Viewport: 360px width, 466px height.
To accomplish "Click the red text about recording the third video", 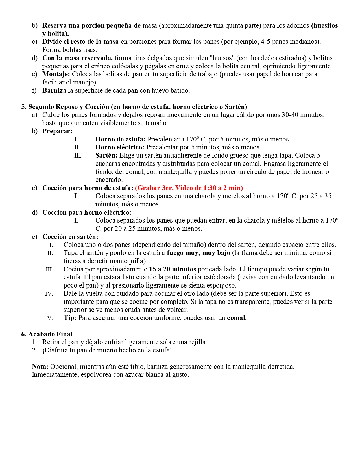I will point(189,188).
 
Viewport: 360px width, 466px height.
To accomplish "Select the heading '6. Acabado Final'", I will point(47,334).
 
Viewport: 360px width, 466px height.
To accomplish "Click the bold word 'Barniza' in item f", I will point(54,90).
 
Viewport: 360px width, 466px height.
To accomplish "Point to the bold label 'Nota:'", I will point(40,367).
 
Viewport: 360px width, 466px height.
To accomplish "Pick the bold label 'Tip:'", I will point(70,318).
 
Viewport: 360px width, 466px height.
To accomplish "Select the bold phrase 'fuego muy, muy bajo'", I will point(198,253).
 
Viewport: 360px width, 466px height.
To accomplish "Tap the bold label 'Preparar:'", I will point(57,131).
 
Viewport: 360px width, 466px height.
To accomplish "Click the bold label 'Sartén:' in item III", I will point(106,155).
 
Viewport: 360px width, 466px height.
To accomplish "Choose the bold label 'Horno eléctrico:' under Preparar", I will point(120,147).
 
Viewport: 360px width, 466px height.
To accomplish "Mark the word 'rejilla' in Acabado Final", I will point(197,342).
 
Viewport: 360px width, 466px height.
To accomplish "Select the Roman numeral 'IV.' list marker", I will point(49,294).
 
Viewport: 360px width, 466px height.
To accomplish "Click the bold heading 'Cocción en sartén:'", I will point(70,237).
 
